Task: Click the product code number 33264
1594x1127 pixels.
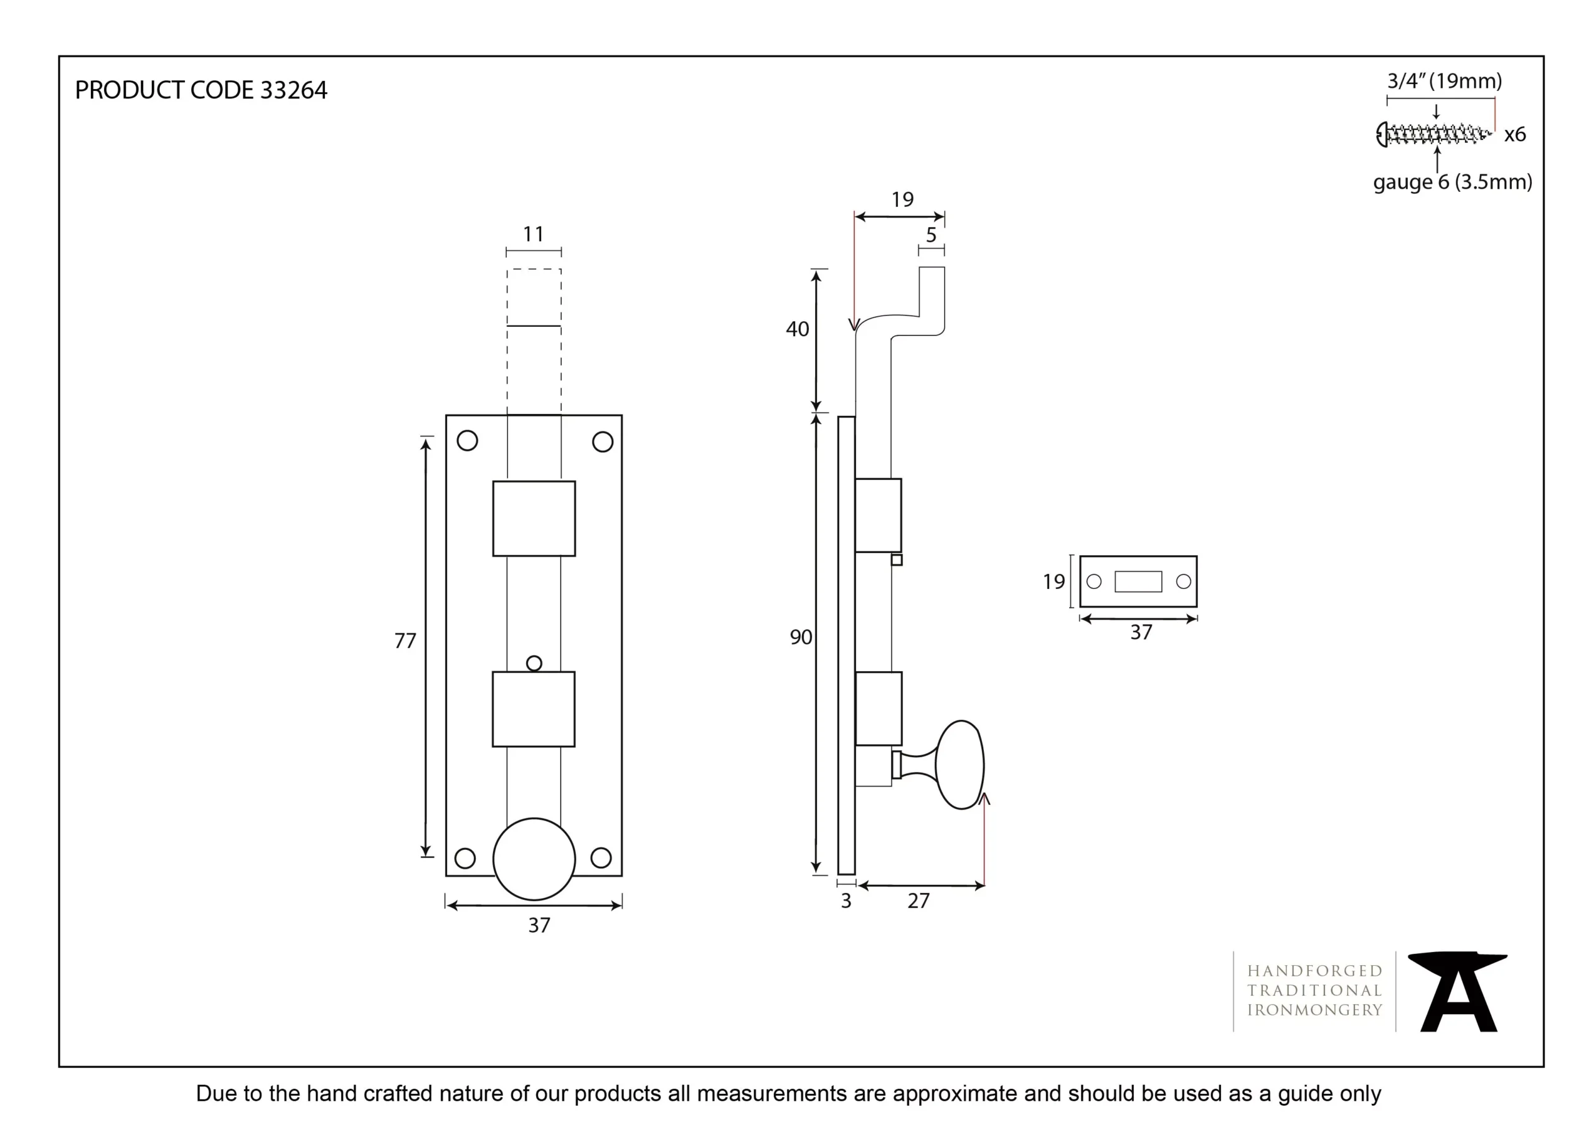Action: point(293,90)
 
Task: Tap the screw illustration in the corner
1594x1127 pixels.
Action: point(1433,134)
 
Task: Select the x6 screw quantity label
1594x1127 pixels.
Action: point(1515,134)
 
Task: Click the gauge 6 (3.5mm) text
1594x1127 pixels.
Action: point(1453,182)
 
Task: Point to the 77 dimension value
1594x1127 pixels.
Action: point(405,640)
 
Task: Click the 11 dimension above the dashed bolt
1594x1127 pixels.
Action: point(533,234)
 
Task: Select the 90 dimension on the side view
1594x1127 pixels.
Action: point(801,637)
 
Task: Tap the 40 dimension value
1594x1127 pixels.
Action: point(797,329)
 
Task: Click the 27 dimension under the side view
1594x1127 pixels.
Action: point(918,900)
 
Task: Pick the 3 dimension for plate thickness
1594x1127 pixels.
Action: point(846,900)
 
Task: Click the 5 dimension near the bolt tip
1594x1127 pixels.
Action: point(931,235)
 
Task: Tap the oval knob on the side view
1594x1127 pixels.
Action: point(960,765)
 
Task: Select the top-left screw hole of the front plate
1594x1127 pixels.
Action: point(467,441)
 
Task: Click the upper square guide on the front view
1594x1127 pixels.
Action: point(534,519)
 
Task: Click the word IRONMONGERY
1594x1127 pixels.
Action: point(1314,1011)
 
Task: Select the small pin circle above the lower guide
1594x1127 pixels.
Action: point(534,663)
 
